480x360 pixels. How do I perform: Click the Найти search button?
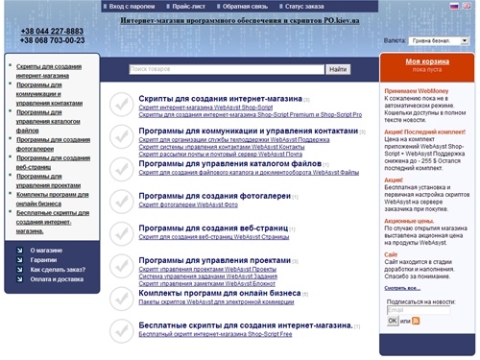[338, 69]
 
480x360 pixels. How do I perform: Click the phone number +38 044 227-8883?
[52, 32]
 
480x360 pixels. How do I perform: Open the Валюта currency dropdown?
[438, 41]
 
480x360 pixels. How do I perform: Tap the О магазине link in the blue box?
[46, 250]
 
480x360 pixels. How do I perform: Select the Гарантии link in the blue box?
[43, 260]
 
